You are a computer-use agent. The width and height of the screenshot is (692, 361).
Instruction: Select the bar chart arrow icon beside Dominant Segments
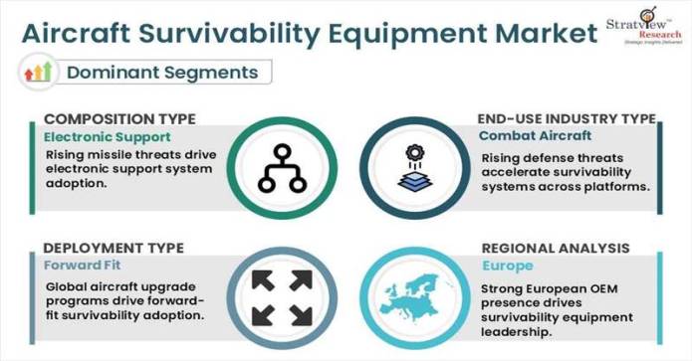38,72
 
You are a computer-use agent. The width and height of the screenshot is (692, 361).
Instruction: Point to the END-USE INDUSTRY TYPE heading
567,118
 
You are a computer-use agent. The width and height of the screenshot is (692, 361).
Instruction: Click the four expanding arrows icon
283,297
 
